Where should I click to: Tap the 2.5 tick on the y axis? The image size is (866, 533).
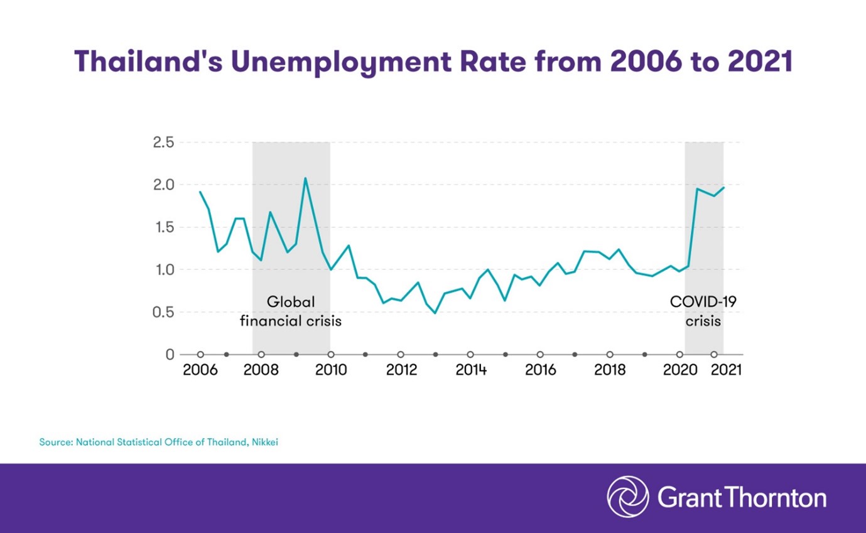click(x=163, y=143)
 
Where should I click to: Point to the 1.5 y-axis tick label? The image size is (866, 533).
click(x=163, y=227)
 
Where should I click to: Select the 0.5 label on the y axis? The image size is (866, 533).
click(x=163, y=312)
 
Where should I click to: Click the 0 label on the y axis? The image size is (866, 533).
click(x=170, y=355)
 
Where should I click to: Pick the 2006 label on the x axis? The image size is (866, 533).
click(x=200, y=370)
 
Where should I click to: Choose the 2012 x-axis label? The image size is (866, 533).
click(x=401, y=370)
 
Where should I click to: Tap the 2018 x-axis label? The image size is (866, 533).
click(x=610, y=370)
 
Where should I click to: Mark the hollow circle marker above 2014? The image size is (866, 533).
click(x=470, y=355)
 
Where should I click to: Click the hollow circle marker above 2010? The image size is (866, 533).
click(x=331, y=355)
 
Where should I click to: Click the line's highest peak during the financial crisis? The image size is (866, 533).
click(x=305, y=178)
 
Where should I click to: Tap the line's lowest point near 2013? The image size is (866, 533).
click(x=435, y=313)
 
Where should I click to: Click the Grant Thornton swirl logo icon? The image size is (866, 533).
click(x=628, y=497)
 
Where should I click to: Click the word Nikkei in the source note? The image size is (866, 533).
click(x=264, y=442)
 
